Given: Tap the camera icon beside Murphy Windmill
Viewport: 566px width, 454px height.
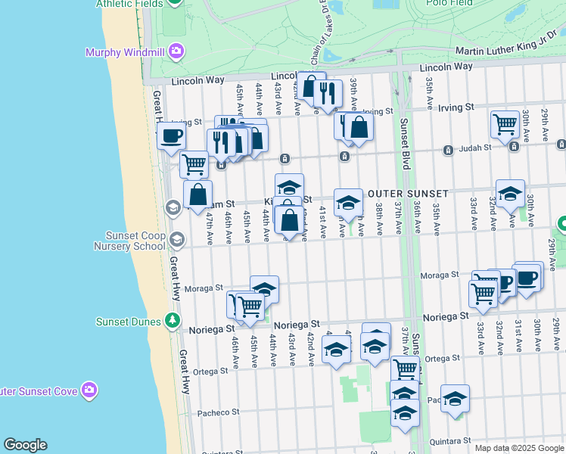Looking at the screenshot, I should [176, 51].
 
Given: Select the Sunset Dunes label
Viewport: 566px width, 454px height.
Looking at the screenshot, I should [128, 321].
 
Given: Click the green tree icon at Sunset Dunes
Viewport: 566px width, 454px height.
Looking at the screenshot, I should [174, 321].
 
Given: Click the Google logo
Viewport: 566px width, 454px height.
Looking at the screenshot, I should [25, 445].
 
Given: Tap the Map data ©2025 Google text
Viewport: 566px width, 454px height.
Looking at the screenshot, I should [518, 448].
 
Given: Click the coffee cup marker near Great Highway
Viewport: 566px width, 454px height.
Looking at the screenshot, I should [170, 136].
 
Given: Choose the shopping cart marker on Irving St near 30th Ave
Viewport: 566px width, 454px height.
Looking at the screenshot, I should [505, 123].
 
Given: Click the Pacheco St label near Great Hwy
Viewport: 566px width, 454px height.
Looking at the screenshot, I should [218, 412].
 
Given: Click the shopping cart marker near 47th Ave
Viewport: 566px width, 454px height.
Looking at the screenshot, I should [194, 163].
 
